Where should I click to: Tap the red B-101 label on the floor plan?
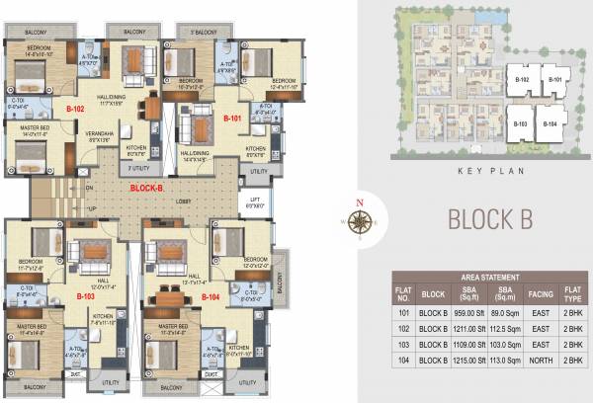(x=232, y=118)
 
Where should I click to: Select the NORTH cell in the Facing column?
(x=541, y=361)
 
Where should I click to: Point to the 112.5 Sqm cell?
(x=505, y=328)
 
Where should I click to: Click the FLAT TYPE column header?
(x=571, y=293)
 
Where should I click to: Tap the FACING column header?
(x=541, y=293)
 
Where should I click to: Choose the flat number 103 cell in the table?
(x=402, y=345)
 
